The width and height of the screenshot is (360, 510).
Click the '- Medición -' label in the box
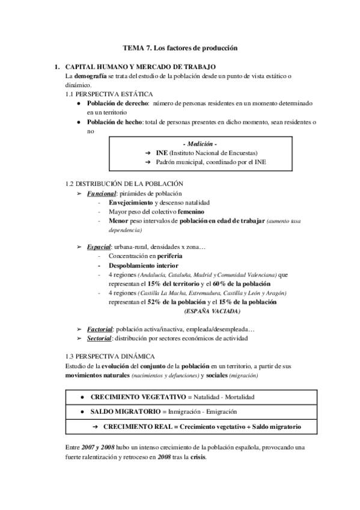pos(201,144)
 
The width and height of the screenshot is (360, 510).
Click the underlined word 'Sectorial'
pos(100,339)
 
